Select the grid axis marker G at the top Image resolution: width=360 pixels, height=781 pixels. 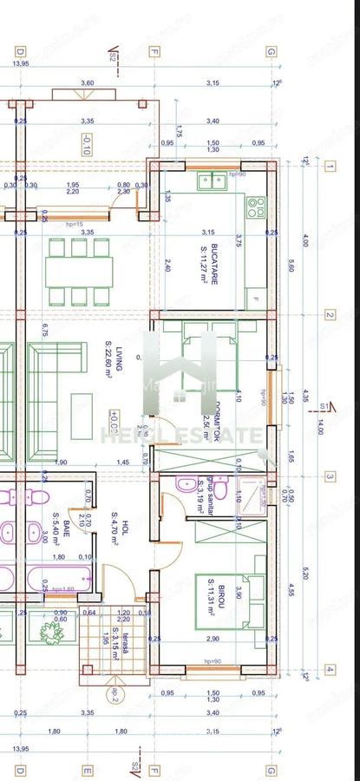[x=271, y=52]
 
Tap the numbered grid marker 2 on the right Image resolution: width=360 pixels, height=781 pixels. [x=330, y=315]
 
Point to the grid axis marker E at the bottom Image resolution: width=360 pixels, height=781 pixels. [x=87, y=769]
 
